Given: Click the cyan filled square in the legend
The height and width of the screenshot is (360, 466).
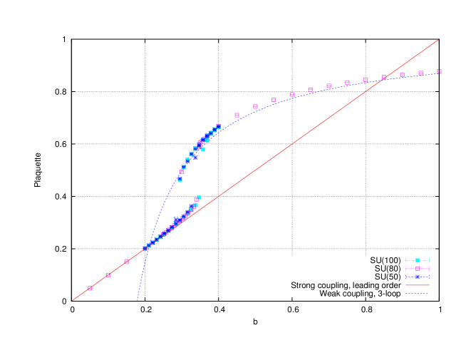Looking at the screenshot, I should pos(417,260).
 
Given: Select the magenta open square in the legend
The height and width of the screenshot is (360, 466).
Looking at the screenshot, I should pos(417,269).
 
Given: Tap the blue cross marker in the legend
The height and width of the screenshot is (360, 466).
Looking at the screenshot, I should pos(417,277).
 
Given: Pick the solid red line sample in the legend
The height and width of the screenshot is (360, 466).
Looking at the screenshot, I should pos(417,285).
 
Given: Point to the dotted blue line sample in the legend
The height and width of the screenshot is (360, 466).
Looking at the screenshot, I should pos(417,293).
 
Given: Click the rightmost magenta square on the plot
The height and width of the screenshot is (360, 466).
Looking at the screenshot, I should pos(439,71).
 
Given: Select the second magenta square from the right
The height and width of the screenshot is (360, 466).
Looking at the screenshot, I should pos(420,73).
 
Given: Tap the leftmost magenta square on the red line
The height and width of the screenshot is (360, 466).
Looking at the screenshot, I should pos(90,288).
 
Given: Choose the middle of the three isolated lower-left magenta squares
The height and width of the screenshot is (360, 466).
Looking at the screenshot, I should pos(108,275).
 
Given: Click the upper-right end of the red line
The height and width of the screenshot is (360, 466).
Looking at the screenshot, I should pos(438,40).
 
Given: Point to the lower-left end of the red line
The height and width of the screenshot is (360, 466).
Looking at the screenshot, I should pos(73,300).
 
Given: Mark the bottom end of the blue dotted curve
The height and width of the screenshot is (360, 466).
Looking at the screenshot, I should pos(138,299).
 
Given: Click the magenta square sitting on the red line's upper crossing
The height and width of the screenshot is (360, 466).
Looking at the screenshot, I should pos(383,77).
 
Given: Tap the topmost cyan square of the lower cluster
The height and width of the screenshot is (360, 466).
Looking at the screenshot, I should pos(199,197).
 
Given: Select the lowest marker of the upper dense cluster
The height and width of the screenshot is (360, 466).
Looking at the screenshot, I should pos(180,180).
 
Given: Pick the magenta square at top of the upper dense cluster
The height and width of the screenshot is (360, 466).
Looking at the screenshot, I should pos(218,126).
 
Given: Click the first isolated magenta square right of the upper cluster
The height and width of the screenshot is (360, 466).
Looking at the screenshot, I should pos(237,115).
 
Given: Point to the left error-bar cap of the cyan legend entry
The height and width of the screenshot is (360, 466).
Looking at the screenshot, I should pos(405,260).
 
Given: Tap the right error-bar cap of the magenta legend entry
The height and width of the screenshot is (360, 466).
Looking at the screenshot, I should pos(429,269).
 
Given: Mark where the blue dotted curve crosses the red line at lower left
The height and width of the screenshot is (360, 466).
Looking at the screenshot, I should pos(150,244).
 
